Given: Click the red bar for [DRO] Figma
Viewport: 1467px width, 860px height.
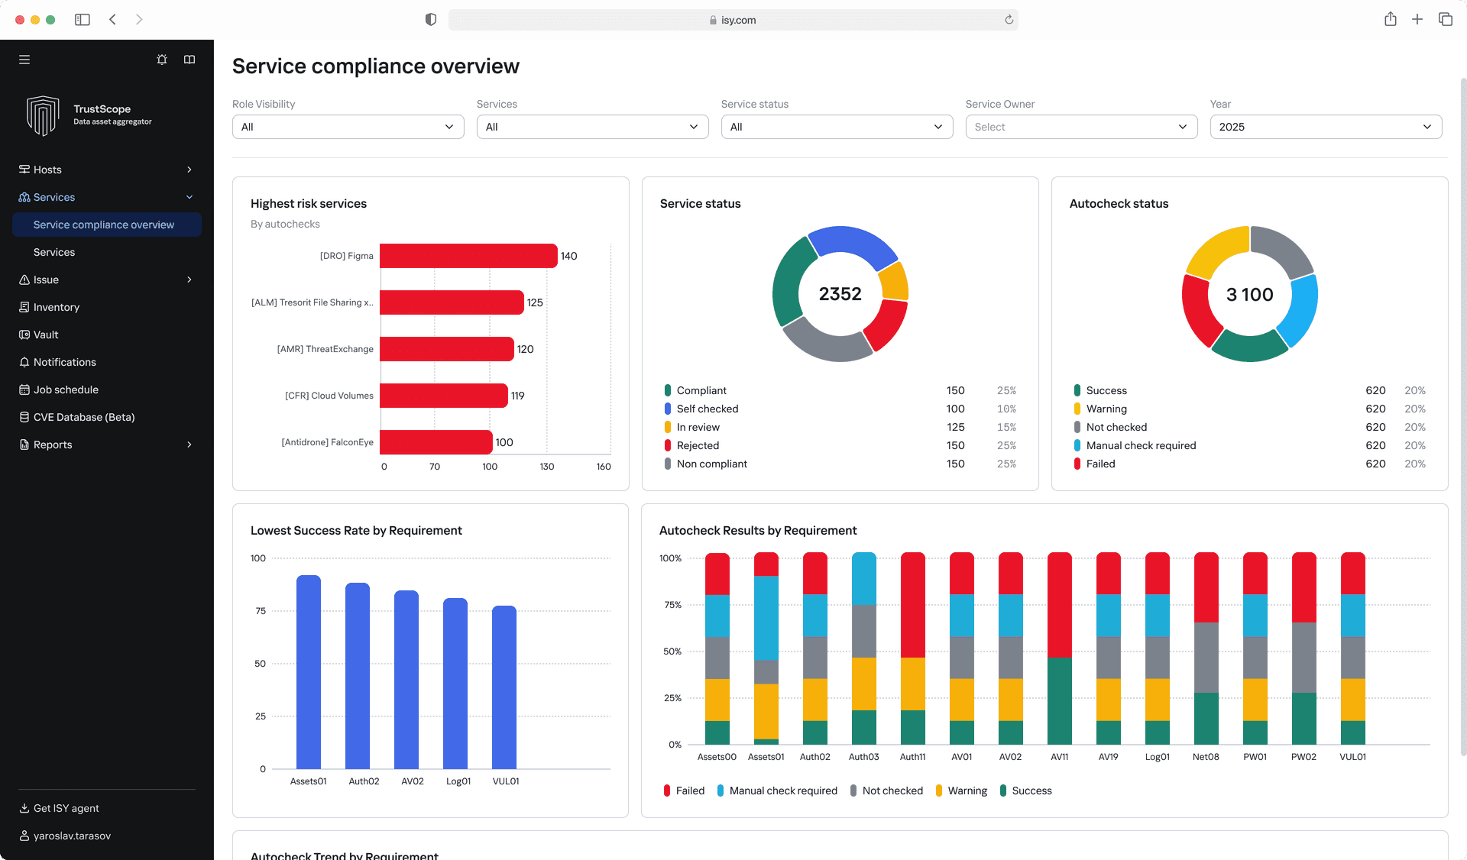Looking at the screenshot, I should click(x=468, y=256).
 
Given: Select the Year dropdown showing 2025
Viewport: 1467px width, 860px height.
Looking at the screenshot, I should click(x=1325, y=127).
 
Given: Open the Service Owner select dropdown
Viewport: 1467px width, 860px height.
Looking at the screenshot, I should click(x=1080, y=127).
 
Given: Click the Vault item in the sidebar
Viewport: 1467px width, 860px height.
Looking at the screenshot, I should click(x=46, y=335).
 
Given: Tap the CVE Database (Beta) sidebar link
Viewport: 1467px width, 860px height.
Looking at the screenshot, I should click(x=83, y=417).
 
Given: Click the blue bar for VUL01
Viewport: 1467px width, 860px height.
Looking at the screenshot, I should click(x=504, y=687).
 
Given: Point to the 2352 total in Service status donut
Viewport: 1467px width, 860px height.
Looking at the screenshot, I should click(x=840, y=294).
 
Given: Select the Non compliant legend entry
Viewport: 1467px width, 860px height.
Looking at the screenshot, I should click(x=711, y=464).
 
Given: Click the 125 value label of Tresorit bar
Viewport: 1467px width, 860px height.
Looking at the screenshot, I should click(x=535, y=302).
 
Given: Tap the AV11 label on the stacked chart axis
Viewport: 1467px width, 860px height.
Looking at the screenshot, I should click(x=1059, y=757).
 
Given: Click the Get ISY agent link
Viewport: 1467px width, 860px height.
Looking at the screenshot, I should click(x=66, y=808).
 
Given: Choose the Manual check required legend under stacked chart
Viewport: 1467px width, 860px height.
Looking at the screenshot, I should click(x=782, y=790).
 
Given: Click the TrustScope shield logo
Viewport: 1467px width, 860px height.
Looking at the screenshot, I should click(x=43, y=115).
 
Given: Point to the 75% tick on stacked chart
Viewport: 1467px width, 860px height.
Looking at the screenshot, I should click(x=672, y=605).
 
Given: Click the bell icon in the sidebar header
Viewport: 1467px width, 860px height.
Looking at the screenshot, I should click(x=162, y=60).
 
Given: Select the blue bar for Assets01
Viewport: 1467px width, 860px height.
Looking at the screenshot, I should click(x=309, y=672).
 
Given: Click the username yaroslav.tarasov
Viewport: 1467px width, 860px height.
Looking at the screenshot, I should click(x=72, y=836).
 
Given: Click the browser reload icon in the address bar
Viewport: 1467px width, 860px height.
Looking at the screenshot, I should click(x=1009, y=20).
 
